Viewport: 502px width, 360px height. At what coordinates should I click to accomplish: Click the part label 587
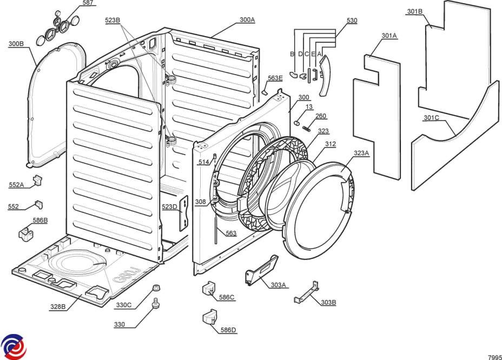click(88, 3)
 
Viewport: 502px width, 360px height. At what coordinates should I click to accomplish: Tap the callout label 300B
click(16, 44)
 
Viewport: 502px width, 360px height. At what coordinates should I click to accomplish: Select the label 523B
click(113, 21)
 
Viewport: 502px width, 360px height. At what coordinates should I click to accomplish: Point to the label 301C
click(431, 118)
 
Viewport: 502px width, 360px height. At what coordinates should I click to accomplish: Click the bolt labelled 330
click(156, 303)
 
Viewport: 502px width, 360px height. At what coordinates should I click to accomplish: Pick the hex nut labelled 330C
click(156, 288)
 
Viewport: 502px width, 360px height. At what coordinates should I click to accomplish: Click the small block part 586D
click(210, 316)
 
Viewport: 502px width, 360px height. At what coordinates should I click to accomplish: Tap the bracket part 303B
click(306, 292)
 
